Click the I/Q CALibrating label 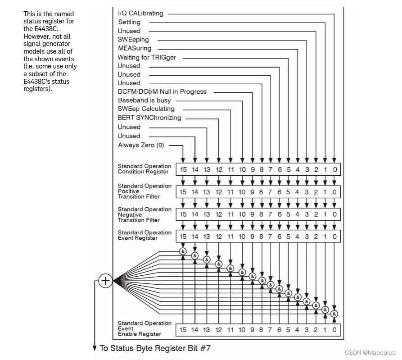140,14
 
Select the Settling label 129,22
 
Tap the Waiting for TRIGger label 147,57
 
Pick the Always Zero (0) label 141,145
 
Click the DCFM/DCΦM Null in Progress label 162,91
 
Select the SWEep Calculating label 146,109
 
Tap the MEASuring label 135,48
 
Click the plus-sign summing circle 105,281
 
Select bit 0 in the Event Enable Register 334,330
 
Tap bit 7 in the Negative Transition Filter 270,214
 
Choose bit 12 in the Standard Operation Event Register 218,236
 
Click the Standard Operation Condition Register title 145,169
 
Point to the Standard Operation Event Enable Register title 145,328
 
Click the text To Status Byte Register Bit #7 155,348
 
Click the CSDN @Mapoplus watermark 370,352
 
